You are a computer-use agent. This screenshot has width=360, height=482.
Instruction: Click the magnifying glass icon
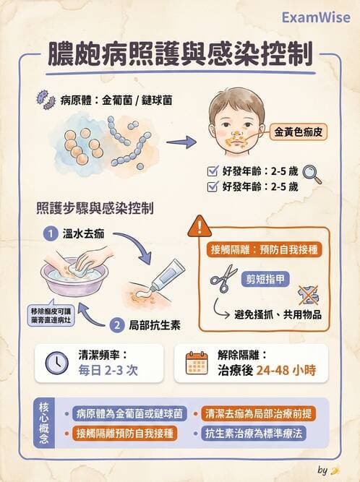312,173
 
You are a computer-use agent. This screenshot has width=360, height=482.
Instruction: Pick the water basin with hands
75,267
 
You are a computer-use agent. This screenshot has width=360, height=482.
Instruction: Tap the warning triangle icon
196,229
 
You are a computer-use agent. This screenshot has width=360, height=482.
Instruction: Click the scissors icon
225,278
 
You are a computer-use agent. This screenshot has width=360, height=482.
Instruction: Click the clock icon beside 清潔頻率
57,363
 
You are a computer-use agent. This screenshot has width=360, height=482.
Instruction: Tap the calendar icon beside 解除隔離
197,363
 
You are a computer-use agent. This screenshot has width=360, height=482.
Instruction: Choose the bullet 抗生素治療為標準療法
262,434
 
